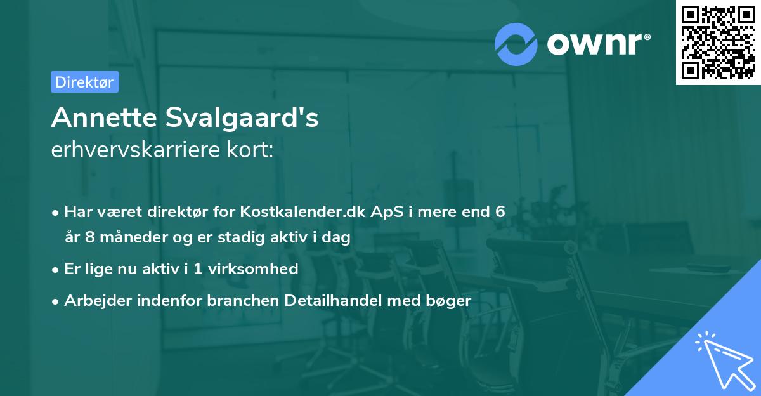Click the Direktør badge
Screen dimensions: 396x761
[84, 82]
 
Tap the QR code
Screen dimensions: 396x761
[717, 43]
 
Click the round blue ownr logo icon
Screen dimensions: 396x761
[516, 44]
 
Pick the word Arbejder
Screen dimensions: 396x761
[95, 300]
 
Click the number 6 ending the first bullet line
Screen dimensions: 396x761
[500, 211]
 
